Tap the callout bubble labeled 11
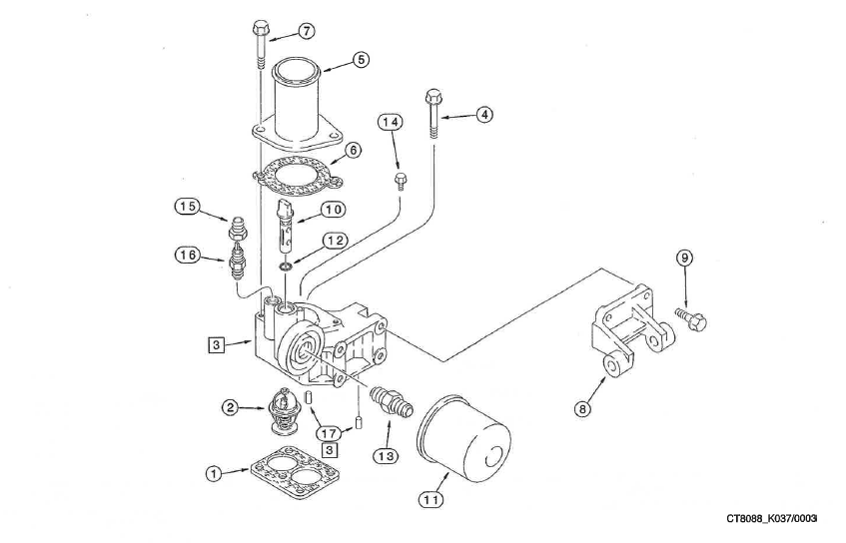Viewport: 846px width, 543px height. tap(431, 500)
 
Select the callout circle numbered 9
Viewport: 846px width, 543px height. tap(684, 257)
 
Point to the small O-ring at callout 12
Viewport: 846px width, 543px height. tap(286, 267)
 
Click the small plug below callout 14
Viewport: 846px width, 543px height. tap(400, 180)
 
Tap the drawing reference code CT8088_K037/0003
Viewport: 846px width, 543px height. tap(772, 518)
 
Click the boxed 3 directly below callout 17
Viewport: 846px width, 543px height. tap(329, 449)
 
